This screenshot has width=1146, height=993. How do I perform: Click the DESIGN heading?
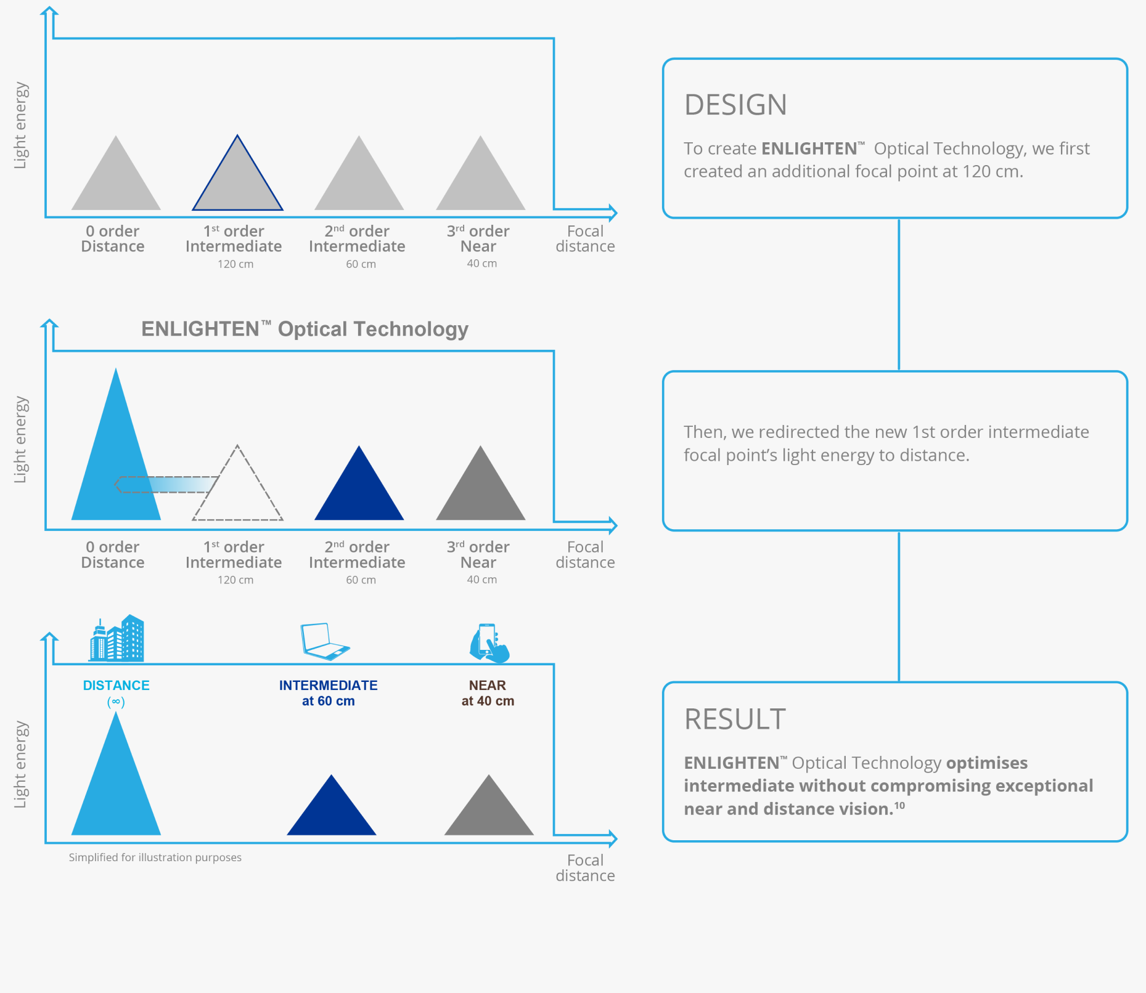(x=735, y=105)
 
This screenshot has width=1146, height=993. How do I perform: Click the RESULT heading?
(x=735, y=719)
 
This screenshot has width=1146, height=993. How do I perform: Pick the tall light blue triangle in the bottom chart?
(x=116, y=788)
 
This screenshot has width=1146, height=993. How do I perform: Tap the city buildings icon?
(x=117, y=639)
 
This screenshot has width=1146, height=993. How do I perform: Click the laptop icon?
(x=324, y=641)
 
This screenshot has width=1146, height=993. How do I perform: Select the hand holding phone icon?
(x=489, y=643)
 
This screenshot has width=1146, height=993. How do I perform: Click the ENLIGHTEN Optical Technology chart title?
(x=305, y=329)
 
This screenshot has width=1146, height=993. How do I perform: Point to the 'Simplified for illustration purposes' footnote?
(x=155, y=857)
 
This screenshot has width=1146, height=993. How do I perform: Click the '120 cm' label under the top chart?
(x=235, y=264)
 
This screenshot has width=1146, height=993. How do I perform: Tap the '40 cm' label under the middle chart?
(x=481, y=580)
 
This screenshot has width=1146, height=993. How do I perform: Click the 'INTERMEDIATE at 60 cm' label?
(x=328, y=693)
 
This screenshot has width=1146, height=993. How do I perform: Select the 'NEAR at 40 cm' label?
(x=488, y=693)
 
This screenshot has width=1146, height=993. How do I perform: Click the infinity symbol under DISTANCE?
(x=116, y=702)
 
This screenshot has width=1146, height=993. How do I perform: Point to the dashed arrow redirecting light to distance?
(x=166, y=485)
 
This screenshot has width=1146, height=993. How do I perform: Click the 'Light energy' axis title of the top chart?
(x=20, y=126)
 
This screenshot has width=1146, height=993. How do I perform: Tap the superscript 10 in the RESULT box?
(x=899, y=805)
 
